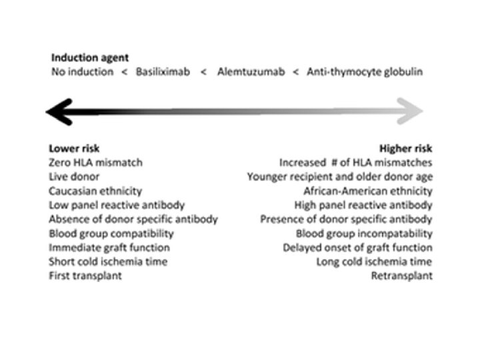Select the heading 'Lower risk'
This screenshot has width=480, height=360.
click(74, 148)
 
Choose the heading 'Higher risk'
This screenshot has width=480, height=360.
click(405, 148)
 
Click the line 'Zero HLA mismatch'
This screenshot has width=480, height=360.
click(96, 162)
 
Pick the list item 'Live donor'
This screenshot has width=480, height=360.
click(75, 177)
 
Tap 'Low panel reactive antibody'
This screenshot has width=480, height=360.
click(117, 205)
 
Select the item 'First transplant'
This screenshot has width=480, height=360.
click(85, 275)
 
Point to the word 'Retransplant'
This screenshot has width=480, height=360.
click(402, 275)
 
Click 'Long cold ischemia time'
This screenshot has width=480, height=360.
click(375, 261)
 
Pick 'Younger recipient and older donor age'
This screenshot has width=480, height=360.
click(339, 177)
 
